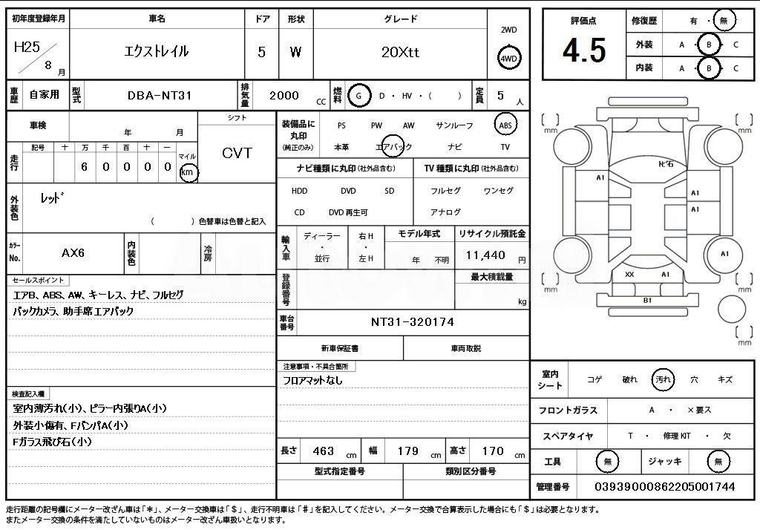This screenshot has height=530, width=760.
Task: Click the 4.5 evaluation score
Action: click(x=584, y=51)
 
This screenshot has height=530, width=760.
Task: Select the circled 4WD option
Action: click(x=508, y=59)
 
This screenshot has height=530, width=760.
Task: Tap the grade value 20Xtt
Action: click(x=400, y=52)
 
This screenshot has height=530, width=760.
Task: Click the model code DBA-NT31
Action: click(x=160, y=96)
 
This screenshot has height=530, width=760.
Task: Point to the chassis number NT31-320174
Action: click(x=413, y=322)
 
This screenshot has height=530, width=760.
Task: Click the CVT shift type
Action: click(x=237, y=153)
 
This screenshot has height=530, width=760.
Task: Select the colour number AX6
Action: click(x=73, y=252)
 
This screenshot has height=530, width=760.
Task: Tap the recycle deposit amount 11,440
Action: click(x=485, y=255)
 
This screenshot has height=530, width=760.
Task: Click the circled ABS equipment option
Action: click(x=505, y=125)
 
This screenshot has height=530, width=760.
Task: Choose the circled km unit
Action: click(x=189, y=172)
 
